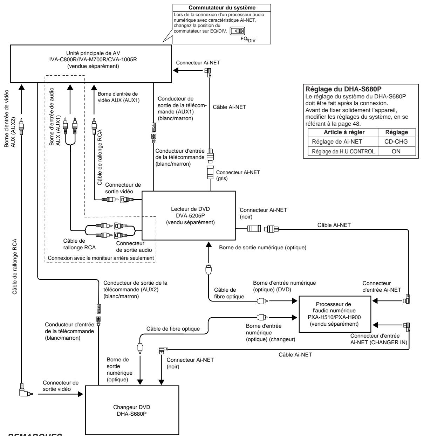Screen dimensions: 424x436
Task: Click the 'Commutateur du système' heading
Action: coord(222,8)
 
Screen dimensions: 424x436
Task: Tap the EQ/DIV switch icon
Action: coord(238,31)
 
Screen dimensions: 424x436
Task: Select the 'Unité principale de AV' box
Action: coord(91,64)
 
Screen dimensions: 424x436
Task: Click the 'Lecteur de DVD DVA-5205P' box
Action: coord(189,215)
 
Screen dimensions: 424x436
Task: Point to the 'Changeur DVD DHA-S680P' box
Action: coord(132,410)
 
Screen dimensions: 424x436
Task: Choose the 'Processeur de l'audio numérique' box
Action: coord(335,314)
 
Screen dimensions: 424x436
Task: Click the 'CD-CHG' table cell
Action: coord(396,141)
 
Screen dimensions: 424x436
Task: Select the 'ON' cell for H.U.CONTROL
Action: coord(396,151)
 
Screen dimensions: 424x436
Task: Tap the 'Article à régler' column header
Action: coord(344,132)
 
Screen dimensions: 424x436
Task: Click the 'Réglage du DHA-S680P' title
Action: coord(343,89)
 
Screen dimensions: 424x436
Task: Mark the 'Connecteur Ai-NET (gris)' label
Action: coord(238,175)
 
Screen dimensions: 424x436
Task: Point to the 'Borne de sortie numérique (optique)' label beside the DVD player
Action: coord(262,248)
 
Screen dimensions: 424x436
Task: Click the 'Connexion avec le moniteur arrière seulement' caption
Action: coord(101,258)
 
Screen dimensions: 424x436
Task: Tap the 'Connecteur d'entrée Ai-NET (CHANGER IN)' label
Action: coord(379,339)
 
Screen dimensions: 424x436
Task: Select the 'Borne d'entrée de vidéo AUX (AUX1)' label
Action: coord(118,97)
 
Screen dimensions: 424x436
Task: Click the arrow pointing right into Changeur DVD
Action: coord(60,394)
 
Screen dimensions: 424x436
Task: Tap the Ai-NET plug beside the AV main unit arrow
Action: coord(208,72)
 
